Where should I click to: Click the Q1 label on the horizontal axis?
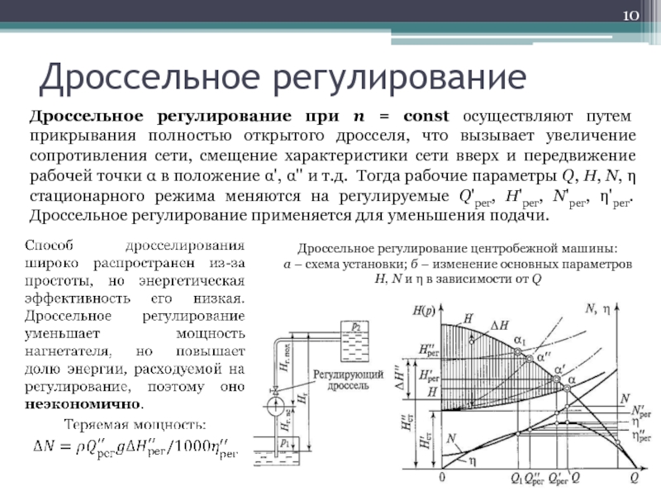point(517,478)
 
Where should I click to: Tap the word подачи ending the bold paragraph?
point(522,216)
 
